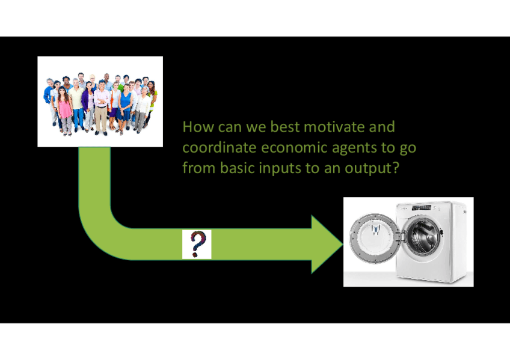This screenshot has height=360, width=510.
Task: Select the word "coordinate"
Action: pyautogui.click(x=220, y=147)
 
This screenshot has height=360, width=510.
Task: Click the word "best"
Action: pyautogui.click(x=284, y=127)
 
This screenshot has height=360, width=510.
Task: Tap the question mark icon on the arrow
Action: pyautogui.click(x=197, y=244)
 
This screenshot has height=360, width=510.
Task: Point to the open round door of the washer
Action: pyautogui.click(x=375, y=238)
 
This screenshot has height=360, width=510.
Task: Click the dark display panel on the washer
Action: pyautogui.click(x=421, y=207)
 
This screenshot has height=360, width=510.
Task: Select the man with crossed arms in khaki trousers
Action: pyautogui.click(x=101, y=108)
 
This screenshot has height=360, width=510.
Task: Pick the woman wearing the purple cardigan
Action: pyautogui.click(x=88, y=106)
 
